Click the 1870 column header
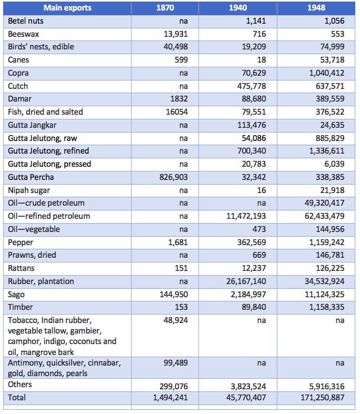click(x=165, y=8)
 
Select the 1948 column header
click(x=316, y=8)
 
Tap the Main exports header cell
click(x=67, y=8)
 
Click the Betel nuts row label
click(x=26, y=21)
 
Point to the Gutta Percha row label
click(x=31, y=177)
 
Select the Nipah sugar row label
click(x=29, y=190)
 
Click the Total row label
click(x=17, y=397)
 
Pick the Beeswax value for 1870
click(x=176, y=34)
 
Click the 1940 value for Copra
click(x=254, y=73)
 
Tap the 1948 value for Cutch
click(x=330, y=86)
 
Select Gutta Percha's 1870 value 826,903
click(x=174, y=177)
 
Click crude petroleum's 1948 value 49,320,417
click(x=324, y=203)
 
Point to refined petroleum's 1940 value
click(x=246, y=216)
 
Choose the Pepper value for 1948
click(x=327, y=242)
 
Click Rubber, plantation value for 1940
click(x=246, y=281)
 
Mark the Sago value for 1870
click(x=174, y=294)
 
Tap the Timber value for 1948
click(x=327, y=307)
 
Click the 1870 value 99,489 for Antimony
click(x=176, y=363)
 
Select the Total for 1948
click(x=322, y=397)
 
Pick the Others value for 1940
click(x=248, y=387)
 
